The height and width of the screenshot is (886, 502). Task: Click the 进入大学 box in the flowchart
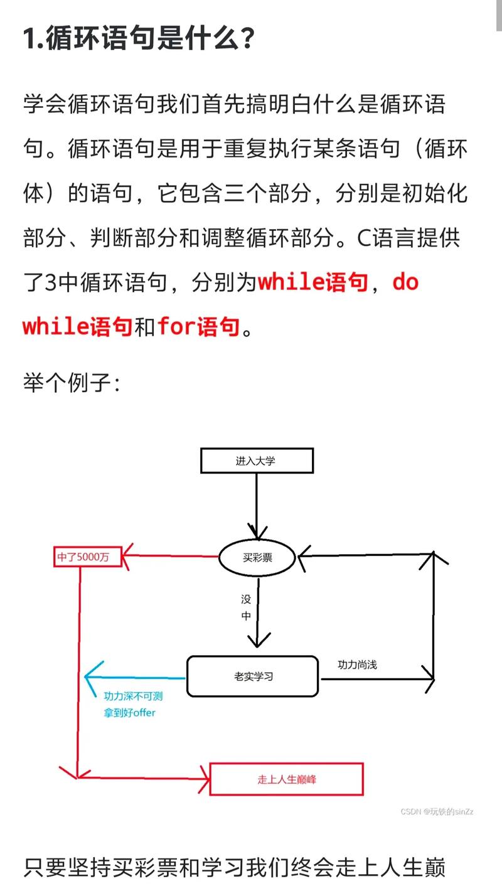256,461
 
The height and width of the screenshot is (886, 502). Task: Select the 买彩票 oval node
257,556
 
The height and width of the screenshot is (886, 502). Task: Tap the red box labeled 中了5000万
87,557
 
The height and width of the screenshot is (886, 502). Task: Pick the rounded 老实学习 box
252,676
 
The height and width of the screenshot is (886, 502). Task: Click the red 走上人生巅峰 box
286,779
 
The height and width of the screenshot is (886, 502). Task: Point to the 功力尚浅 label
357,664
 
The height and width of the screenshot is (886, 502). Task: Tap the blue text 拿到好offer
129,712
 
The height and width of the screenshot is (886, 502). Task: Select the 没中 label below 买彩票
246,607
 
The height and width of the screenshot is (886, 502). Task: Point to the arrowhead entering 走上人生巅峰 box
203,778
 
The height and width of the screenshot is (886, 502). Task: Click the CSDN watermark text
437,811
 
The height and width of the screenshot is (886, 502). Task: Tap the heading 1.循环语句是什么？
139,40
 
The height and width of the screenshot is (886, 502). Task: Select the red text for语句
198,326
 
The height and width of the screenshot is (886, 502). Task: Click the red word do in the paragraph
405,282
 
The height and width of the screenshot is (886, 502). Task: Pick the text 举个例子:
72,381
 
